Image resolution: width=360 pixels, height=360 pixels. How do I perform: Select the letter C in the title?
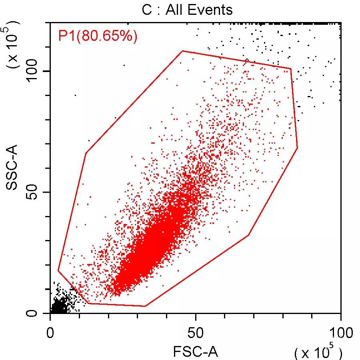point(147,9)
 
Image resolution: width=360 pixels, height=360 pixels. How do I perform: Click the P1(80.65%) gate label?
point(98,36)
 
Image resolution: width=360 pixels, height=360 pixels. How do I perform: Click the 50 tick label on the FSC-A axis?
point(196,333)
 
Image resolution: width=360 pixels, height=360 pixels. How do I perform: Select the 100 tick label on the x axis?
point(340,333)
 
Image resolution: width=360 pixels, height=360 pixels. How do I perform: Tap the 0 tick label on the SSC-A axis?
point(34,313)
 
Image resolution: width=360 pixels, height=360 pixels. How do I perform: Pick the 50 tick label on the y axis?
point(34,192)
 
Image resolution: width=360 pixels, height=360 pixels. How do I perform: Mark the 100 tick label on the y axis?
point(34,71)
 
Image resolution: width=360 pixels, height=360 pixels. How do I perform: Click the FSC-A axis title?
point(196,352)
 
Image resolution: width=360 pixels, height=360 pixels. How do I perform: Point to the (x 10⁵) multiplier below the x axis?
point(318,352)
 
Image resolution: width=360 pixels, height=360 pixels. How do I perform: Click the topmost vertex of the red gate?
point(182,51)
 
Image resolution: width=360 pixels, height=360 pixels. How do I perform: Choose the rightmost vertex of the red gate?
point(298,148)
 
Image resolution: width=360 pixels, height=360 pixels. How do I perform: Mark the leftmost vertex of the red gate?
point(58,271)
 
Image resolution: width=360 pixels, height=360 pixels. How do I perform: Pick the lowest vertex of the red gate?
point(145,306)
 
